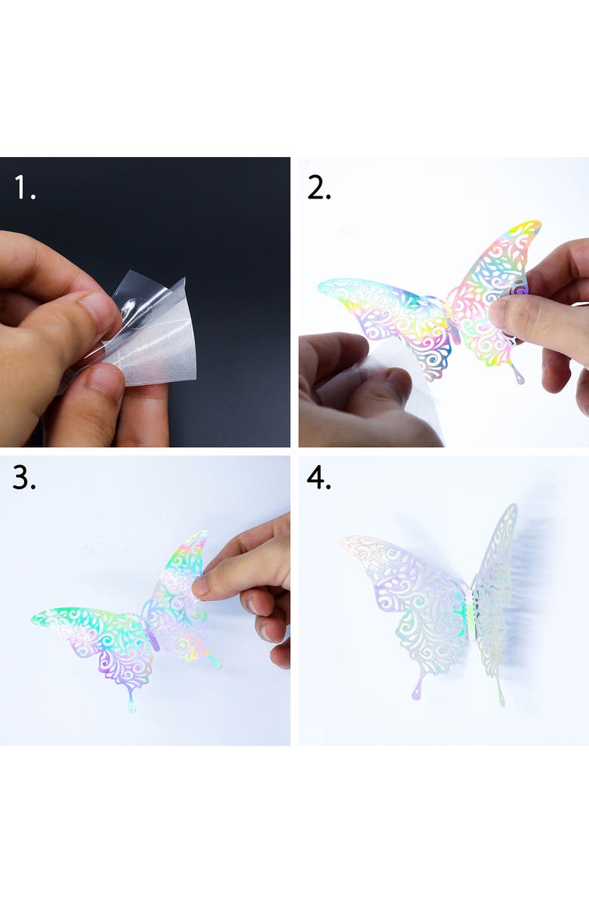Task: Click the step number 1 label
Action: click(24, 188)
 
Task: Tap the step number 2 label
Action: click(319, 188)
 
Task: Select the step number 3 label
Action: click(23, 477)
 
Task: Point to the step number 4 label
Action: click(319, 477)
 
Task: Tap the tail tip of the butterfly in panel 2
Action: click(520, 378)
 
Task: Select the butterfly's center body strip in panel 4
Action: click(471, 613)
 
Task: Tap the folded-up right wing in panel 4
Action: click(495, 599)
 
